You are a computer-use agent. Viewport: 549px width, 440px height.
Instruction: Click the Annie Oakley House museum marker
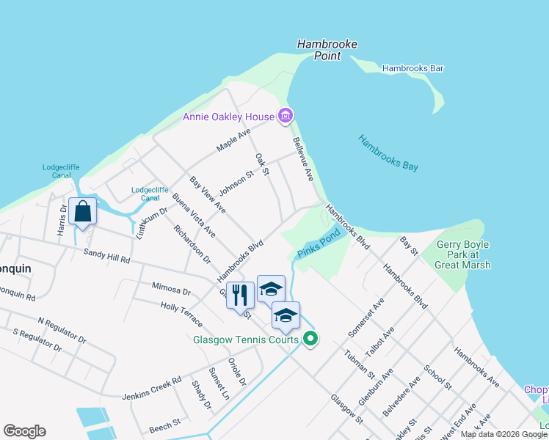tap(286, 116)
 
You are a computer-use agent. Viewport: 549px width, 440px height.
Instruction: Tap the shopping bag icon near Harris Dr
tap(83, 211)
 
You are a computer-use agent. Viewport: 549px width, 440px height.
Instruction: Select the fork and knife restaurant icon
tap(240, 296)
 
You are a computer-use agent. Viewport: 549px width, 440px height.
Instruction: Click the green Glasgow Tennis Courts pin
tap(310, 339)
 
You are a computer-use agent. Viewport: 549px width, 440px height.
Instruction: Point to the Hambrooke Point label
tap(327, 50)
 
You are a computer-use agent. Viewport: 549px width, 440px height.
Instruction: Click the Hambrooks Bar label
tap(412, 69)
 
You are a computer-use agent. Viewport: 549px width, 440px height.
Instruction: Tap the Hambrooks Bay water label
tap(388, 153)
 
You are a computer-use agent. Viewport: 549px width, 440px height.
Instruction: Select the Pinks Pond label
tap(319, 244)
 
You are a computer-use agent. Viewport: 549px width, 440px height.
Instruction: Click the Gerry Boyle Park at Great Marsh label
tap(468, 254)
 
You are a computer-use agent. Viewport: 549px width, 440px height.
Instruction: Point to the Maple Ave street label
tap(233, 141)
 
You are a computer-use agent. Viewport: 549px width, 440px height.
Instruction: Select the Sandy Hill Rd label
tap(106, 256)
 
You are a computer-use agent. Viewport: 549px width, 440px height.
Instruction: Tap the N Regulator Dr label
tap(62, 331)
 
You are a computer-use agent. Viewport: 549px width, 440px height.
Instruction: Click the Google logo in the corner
tap(24, 431)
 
